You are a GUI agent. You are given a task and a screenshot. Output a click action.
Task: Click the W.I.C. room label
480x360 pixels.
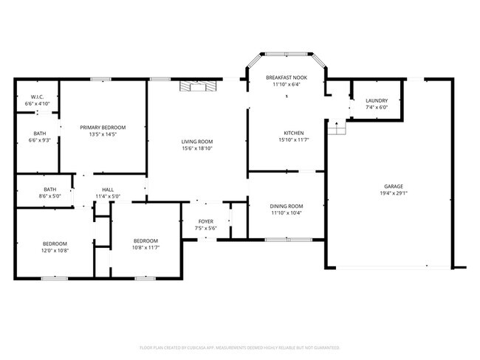click(x=37, y=97)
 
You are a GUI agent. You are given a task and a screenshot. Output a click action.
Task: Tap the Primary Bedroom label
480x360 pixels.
click(x=103, y=128)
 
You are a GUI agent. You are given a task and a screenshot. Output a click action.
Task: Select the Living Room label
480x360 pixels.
click(x=197, y=141)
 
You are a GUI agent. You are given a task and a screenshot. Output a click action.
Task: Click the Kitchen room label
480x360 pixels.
click(x=285, y=133)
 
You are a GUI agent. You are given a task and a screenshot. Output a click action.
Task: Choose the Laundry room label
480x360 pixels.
click(x=376, y=100)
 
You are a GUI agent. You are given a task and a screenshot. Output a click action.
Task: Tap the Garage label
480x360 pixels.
click(x=394, y=187)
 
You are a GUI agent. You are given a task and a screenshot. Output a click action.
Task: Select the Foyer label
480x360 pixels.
click(x=206, y=221)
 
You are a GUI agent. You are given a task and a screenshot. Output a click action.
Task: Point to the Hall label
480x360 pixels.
click(x=108, y=190)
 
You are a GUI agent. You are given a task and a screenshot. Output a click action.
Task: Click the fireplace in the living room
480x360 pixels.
click(x=199, y=86)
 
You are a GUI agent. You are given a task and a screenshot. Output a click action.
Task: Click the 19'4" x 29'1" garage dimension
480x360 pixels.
click(x=394, y=194)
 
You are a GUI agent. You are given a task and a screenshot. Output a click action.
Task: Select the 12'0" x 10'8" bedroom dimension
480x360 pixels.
click(x=55, y=250)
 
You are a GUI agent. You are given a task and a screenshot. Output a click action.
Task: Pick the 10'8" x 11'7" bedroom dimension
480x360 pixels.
click(x=145, y=248)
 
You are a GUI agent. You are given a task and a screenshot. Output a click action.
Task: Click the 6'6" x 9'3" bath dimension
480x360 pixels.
click(x=38, y=140)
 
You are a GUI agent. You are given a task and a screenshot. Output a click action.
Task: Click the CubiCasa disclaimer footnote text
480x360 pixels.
click(x=239, y=347)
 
